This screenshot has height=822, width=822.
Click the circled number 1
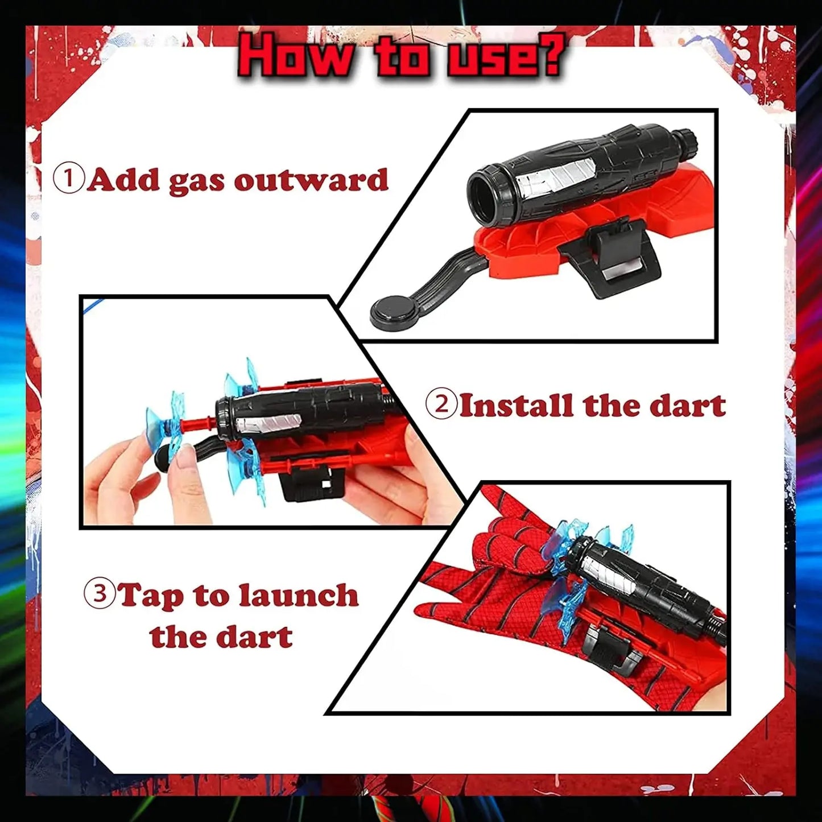(x=68, y=179)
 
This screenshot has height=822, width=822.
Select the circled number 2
(x=441, y=405)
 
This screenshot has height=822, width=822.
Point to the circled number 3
(x=100, y=594)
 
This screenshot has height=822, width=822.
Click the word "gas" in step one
(x=196, y=182)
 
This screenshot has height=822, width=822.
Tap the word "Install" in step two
(x=517, y=404)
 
